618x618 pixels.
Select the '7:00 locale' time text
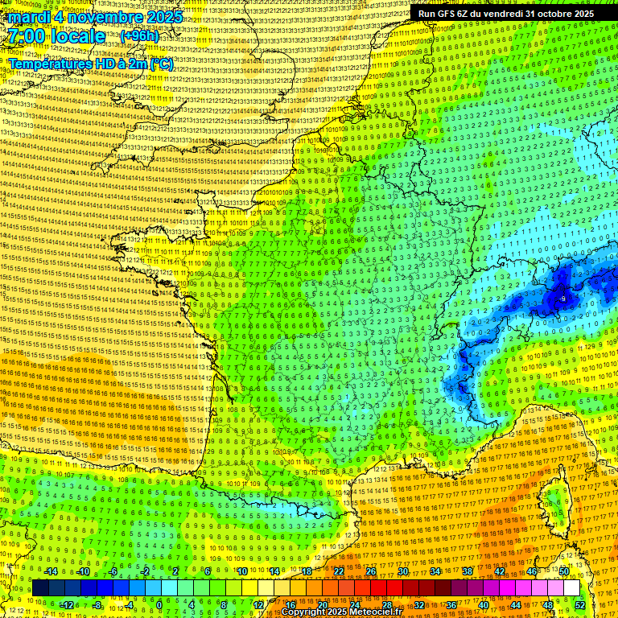point(56,36)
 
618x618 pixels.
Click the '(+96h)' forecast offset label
point(139,36)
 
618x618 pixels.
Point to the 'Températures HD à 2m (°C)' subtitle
point(90,64)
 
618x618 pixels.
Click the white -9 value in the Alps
point(562,299)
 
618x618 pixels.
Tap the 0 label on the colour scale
point(159,605)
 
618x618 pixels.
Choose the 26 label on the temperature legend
point(371,571)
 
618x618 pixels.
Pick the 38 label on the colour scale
point(468,571)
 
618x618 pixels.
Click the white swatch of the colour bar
point(571,588)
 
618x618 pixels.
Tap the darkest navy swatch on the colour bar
point(40,588)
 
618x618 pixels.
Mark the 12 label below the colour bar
point(257,605)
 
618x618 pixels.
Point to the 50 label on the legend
point(564,571)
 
